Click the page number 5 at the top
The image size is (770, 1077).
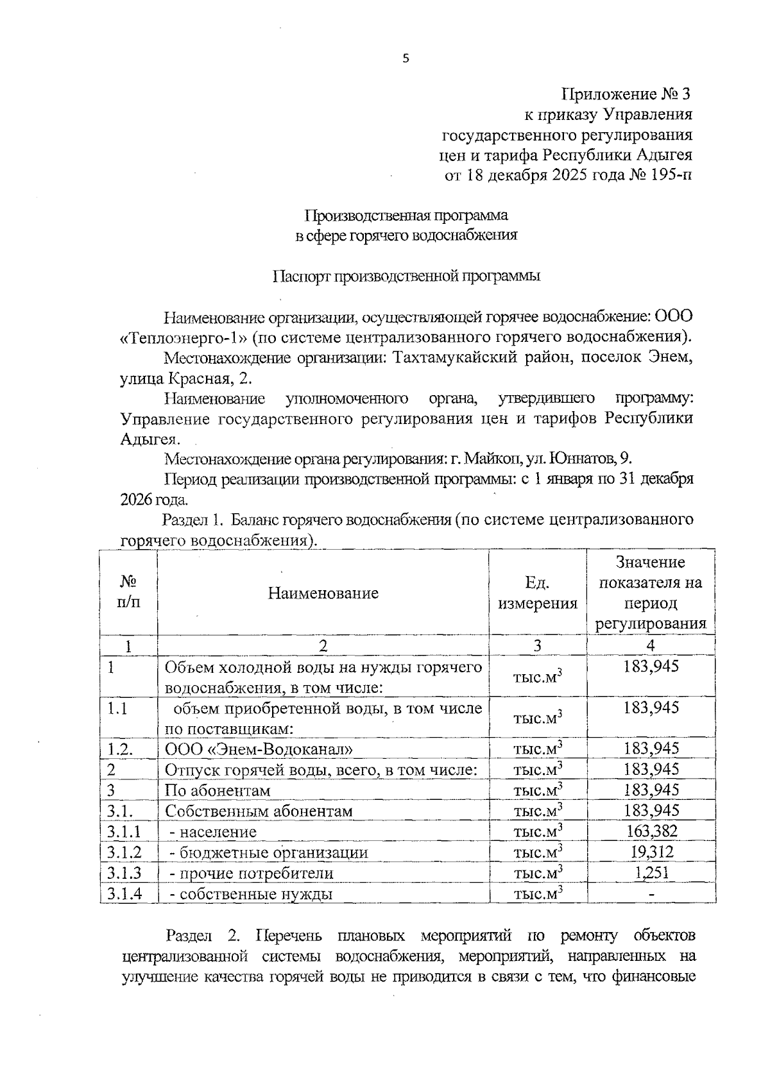pos(405,59)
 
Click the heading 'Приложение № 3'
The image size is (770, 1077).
pos(627,94)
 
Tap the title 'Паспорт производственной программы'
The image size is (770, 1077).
pos(407,276)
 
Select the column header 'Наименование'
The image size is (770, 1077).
pos(323,593)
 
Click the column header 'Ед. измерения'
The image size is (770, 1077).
pos(538,593)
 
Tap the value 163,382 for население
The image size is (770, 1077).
pos(651,831)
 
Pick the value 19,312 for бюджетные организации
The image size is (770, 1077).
pos(651,852)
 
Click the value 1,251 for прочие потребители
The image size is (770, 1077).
pos(651,872)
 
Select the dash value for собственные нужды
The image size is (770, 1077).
pos(651,894)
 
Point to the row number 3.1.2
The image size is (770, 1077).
pos(124,852)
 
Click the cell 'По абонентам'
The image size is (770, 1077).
pos(218,790)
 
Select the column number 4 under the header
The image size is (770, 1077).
pos(651,645)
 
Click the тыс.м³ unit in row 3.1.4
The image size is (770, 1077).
pos(538,894)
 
